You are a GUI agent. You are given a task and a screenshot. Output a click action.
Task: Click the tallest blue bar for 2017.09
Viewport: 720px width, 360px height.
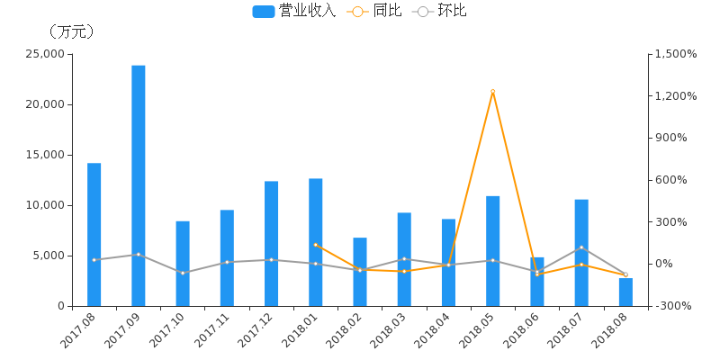point(139,185)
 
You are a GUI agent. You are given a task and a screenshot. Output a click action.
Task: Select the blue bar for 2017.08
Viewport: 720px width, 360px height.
point(94,234)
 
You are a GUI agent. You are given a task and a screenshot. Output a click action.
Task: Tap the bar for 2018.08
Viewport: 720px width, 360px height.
point(625,292)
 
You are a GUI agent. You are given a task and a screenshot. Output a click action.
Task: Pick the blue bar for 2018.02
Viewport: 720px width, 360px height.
point(360,272)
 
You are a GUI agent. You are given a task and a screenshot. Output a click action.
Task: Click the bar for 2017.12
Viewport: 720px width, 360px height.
point(272,243)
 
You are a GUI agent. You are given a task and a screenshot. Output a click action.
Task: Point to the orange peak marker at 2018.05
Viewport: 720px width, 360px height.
point(492,91)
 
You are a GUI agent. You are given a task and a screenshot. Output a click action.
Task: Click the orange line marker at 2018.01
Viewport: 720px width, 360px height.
point(316,245)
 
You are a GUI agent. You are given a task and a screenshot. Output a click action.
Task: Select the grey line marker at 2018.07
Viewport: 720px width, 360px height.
point(581,247)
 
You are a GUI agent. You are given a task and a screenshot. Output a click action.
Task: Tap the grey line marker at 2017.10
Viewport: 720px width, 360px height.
point(183,273)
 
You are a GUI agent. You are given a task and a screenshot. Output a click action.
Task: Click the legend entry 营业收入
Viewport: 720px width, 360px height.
point(293,12)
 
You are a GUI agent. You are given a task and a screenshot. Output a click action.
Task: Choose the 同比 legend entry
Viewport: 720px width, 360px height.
point(376,12)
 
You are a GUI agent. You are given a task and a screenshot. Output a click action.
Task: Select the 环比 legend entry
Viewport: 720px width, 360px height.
point(441,12)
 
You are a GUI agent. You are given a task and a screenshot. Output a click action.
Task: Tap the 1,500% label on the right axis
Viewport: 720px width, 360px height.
point(675,54)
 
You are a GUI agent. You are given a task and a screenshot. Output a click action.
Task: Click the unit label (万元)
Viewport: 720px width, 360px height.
point(71,31)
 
